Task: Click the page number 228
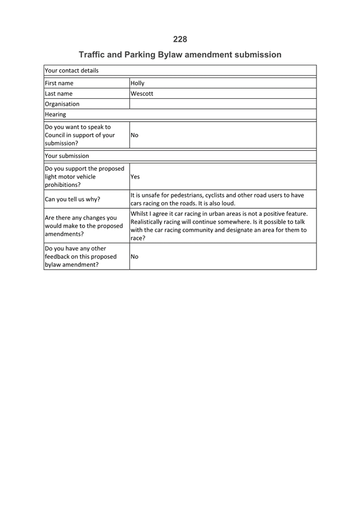tap(180, 39)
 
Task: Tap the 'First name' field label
tap(59, 83)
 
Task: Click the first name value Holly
tap(137, 83)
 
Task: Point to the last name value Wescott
tap(142, 94)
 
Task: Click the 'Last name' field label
tap(59, 94)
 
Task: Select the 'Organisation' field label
tap(62, 104)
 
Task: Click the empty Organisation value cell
tap(223, 104)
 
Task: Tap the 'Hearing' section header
tap(55, 114)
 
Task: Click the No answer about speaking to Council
tap(135, 135)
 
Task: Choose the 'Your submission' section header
tap(66, 156)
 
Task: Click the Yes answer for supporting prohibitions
tap(135, 177)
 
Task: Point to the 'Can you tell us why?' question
tap(73, 199)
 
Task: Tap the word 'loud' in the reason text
tap(228, 204)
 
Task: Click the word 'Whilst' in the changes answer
tap(141, 213)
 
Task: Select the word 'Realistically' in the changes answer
tap(150, 222)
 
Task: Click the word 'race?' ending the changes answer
tap(138, 238)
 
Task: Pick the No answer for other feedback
tap(135, 257)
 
